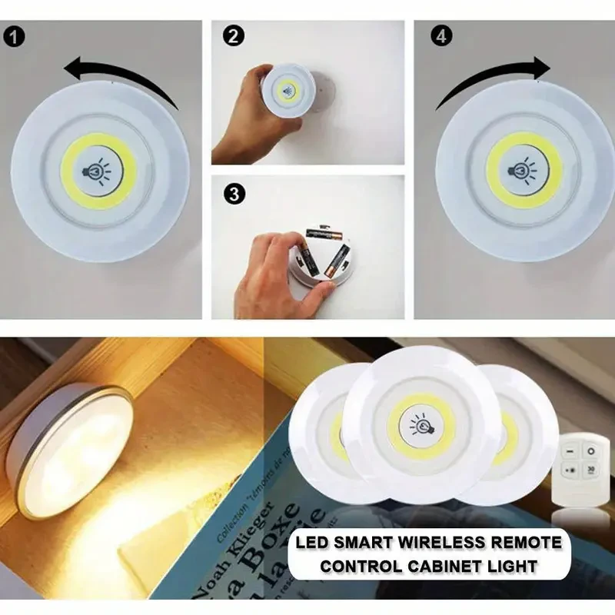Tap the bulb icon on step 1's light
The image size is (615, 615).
tap(97, 170)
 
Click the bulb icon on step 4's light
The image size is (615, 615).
tap(524, 169)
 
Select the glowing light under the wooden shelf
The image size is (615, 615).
tap(69, 446)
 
